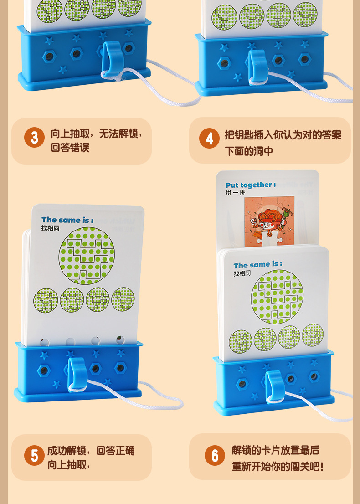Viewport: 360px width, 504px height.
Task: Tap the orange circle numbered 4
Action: (209, 138)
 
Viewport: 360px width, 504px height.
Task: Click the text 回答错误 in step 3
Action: (70, 148)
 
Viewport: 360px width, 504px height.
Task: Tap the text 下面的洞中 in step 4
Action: (249, 151)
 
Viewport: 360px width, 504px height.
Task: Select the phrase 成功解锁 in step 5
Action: (68, 451)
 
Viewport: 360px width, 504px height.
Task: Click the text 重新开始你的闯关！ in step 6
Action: (278, 467)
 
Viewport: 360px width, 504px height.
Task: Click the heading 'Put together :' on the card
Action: (250, 185)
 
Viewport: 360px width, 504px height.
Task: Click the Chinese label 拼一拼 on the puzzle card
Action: (235, 193)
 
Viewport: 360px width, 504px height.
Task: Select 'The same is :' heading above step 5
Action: (67, 220)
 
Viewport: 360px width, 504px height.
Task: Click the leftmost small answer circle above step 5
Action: (45, 300)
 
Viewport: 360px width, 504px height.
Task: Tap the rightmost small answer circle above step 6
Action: (313, 335)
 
